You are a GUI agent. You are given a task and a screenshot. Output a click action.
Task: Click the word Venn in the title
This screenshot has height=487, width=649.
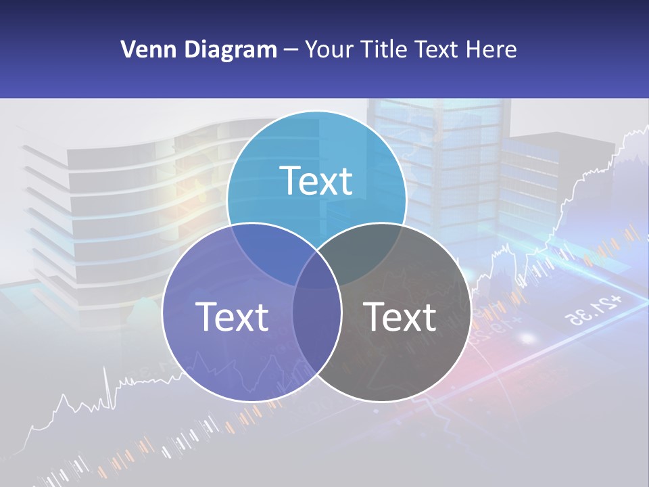point(143,49)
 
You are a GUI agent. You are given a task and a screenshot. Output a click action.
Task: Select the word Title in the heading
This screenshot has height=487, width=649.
point(385,49)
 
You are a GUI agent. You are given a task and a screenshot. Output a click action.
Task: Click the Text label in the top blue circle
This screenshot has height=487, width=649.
point(316,181)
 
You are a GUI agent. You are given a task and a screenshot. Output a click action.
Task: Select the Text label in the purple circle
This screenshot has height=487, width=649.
point(232,317)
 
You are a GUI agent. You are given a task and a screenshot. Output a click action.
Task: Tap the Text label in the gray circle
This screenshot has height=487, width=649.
point(400,317)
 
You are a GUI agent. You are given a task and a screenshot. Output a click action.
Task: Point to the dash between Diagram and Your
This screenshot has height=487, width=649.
point(291,50)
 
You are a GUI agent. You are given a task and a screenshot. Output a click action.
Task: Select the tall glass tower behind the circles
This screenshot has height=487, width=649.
point(439,156)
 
